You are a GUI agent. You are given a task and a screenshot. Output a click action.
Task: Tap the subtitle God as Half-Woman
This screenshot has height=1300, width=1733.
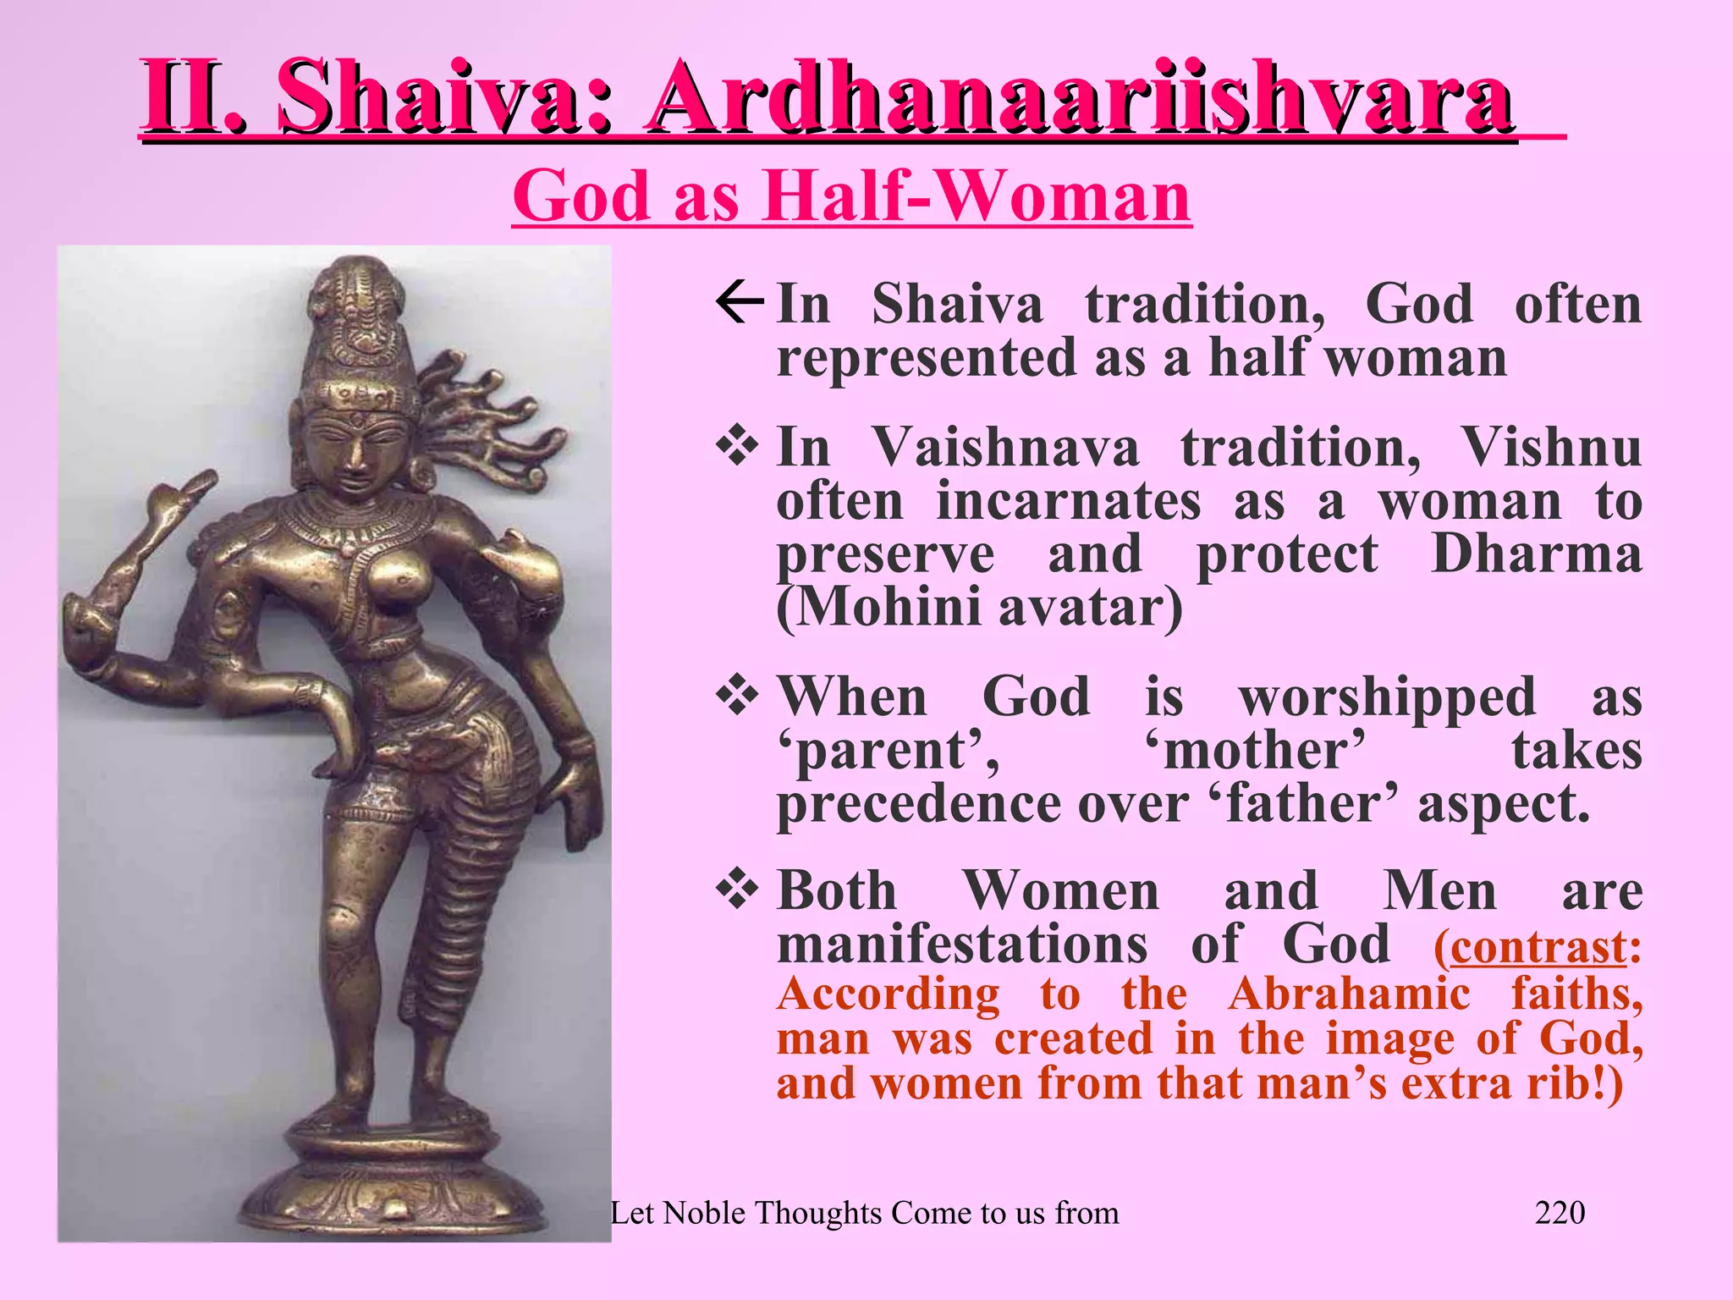point(851,196)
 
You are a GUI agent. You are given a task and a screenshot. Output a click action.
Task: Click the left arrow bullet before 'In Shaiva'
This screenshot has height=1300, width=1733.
point(740,304)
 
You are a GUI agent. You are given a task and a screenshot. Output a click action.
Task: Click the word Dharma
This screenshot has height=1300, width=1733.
point(1536,554)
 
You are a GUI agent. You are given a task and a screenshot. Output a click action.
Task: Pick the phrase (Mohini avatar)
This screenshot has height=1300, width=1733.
point(979,608)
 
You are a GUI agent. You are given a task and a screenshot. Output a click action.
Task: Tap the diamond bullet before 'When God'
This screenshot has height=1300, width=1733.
point(738,697)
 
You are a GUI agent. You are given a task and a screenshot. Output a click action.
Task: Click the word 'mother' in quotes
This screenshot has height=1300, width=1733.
point(1255,751)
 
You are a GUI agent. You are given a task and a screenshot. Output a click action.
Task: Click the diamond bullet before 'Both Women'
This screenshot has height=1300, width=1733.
point(738,890)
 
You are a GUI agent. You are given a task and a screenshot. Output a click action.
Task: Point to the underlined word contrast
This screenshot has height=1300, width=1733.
point(1538,947)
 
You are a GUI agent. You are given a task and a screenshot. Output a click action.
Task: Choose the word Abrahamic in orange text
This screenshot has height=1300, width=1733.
point(1349,994)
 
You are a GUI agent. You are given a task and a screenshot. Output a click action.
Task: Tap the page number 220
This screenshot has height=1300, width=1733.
point(1560,1213)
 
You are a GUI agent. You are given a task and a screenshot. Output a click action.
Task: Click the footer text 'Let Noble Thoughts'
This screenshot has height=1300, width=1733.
point(863,1213)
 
